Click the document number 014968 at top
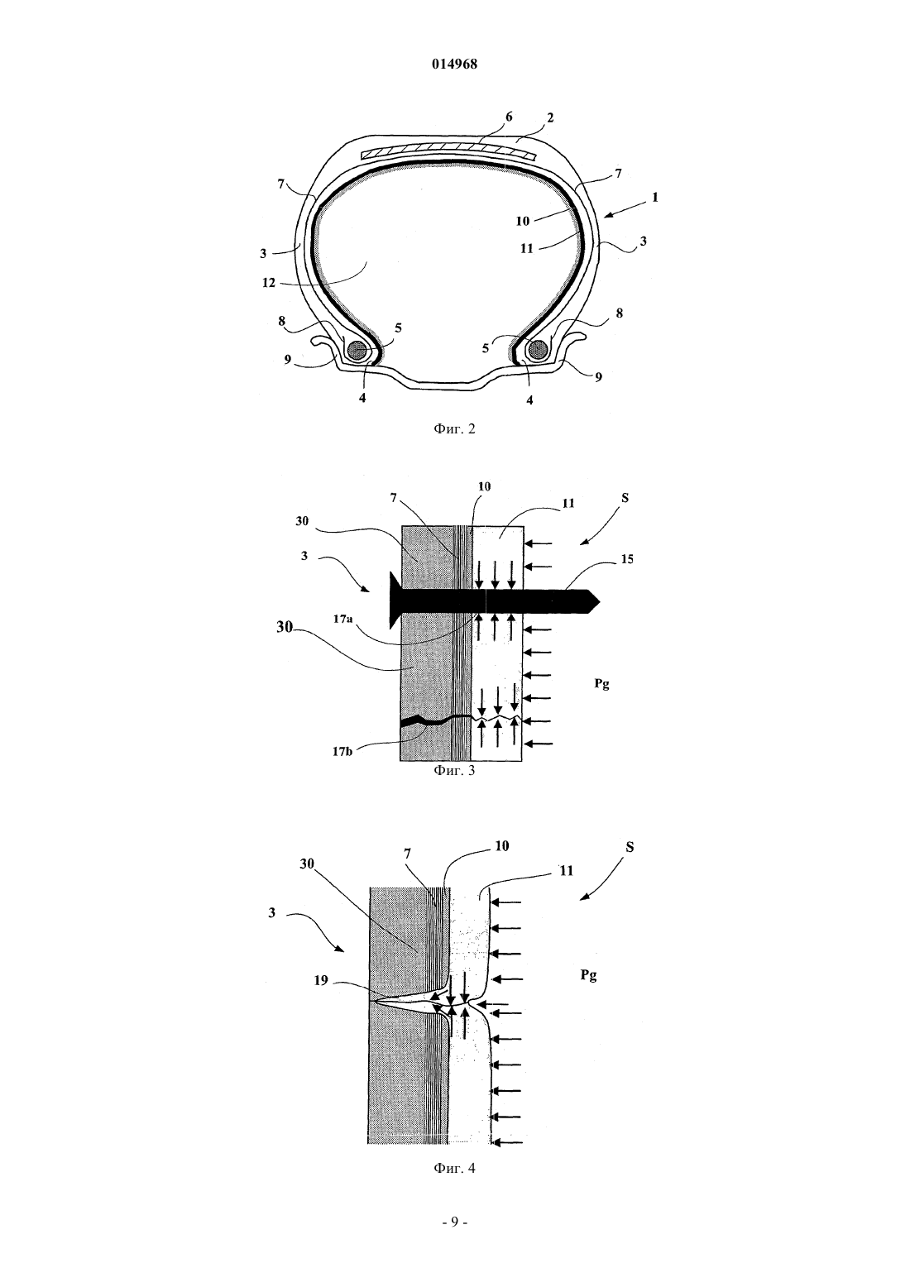(x=454, y=65)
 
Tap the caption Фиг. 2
(x=454, y=428)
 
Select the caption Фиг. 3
(x=454, y=771)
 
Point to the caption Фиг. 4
(x=454, y=1168)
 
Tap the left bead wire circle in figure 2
(x=359, y=349)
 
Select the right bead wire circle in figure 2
(x=539, y=348)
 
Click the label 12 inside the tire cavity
(x=270, y=283)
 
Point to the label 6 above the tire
(x=509, y=117)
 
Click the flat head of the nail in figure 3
(x=395, y=600)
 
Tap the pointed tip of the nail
(x=599, y=602)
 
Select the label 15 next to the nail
(x=627, y=559)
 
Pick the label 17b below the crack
(x=342, y=751)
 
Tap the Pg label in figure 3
(x=601, y=684)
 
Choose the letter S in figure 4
(x=630, y=848)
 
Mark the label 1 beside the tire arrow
(x=655, y=197)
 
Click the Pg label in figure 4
(x=588, y=976)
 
